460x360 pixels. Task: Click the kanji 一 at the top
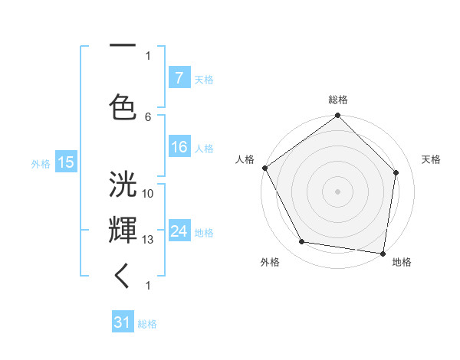tap(123, 47)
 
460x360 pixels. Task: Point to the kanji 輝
tap(123, 229)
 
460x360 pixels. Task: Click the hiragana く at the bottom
tap(123, 276)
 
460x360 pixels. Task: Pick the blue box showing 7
tap(179, 78)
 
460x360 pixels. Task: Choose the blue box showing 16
tap(179, 148)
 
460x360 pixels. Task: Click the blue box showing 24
tap(179, 231)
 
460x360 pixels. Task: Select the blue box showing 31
tap(123, 323)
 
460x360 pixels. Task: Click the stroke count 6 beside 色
tap(148, 116)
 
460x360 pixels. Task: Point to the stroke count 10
tap(148, 193)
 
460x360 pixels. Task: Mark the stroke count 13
tap(148, 240)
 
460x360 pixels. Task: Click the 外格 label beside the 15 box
tap(41, 162)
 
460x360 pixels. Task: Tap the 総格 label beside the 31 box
tap(147, 324)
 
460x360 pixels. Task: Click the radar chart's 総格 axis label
tap(338, 100)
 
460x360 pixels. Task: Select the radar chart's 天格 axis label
tap(431, 159)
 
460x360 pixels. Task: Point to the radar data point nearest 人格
tap(264, 168)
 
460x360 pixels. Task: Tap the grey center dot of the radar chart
tap(338, 191)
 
